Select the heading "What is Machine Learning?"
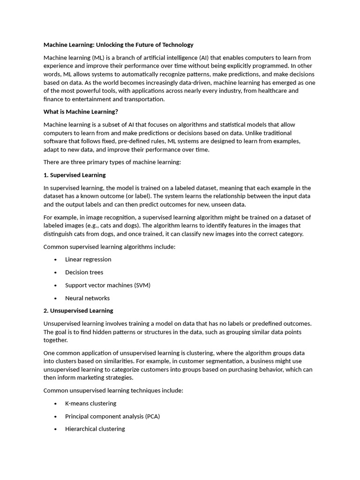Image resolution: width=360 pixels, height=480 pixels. pos(81,112)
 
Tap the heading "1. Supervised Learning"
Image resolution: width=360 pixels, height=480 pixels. pos(75,175)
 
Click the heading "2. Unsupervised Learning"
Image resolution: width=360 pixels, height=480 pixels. pos(78,310)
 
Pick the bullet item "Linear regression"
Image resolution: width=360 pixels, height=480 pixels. pos(88,259)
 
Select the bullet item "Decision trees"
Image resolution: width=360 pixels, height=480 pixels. pos(84,272)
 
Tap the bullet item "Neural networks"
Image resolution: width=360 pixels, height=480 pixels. pos(87,298)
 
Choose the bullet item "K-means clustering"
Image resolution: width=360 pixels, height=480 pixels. pos(90,403)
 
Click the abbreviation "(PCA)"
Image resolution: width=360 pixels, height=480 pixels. pos(152,416)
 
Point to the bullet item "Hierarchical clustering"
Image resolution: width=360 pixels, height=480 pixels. pos(95,428)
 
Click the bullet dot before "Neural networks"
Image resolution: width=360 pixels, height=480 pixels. pos(55,298)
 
